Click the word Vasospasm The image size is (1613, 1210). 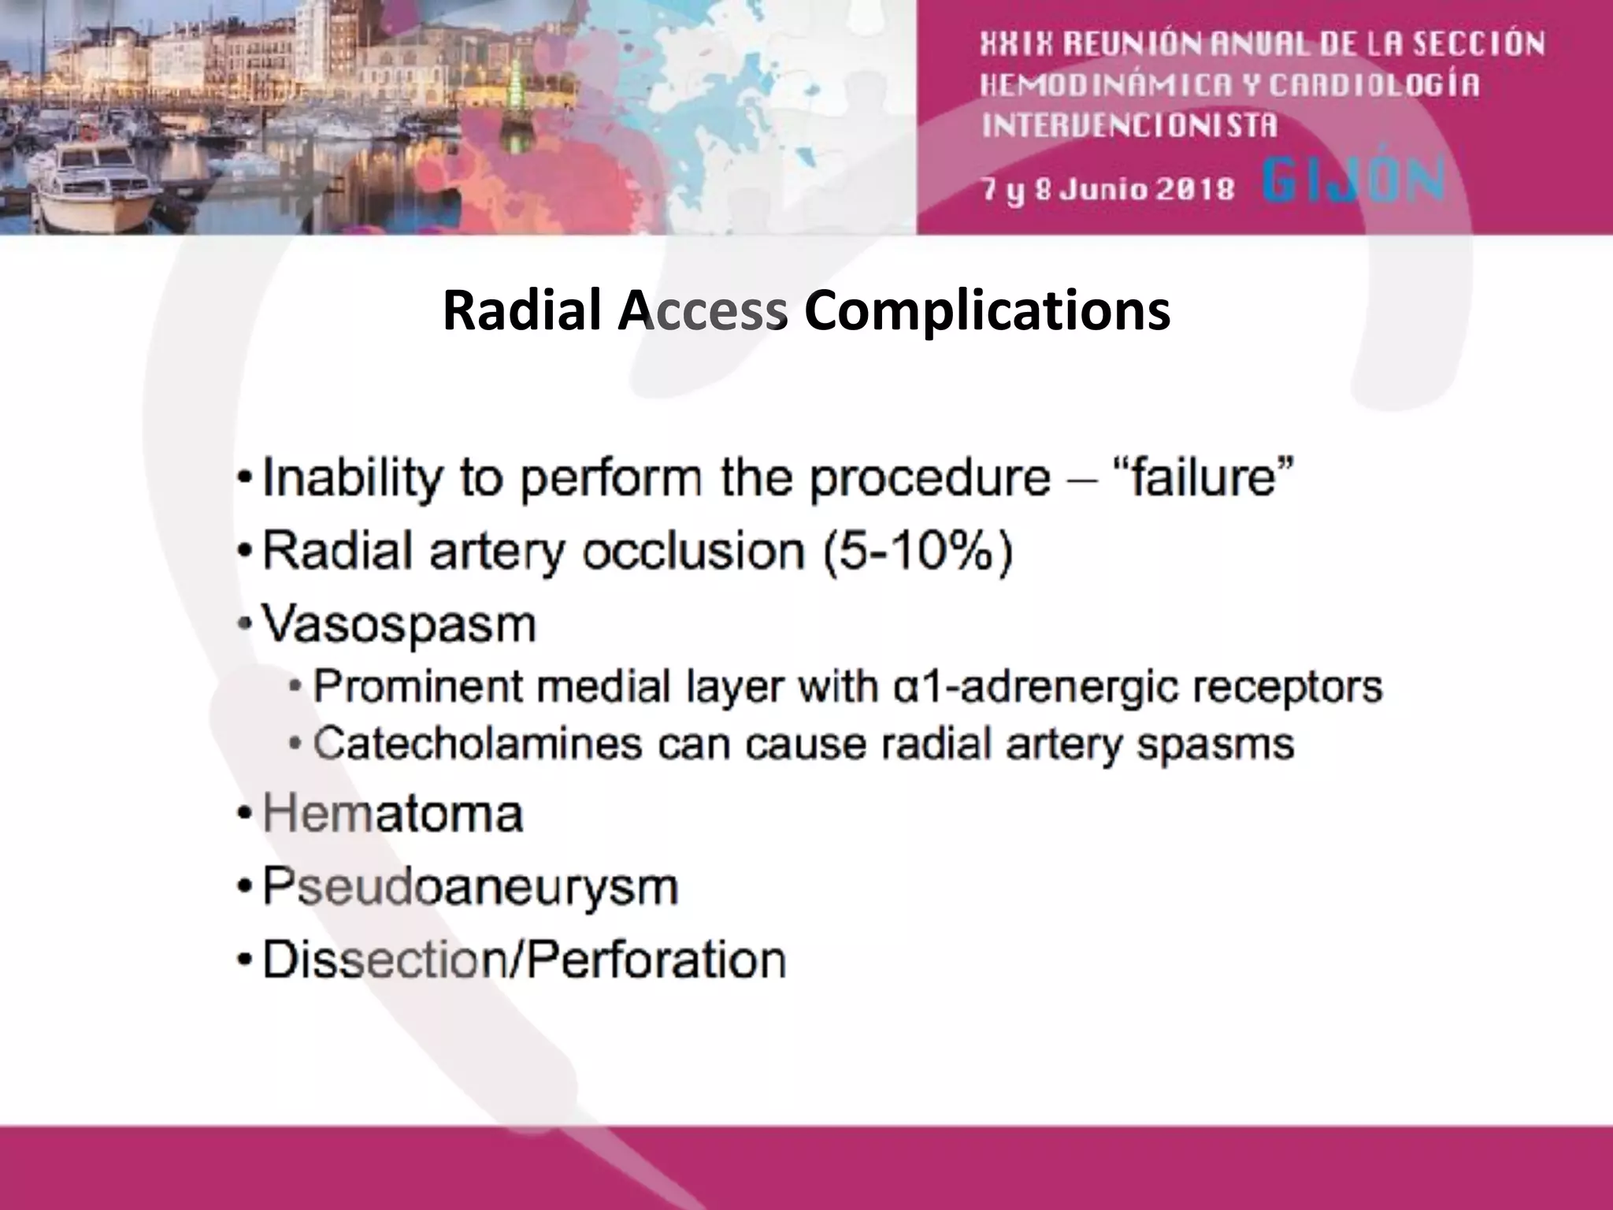(x=399, y=625)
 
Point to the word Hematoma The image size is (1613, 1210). (x=392, y=814)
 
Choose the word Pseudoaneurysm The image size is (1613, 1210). (x=469, y=887)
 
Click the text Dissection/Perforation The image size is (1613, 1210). (x=524, y=960)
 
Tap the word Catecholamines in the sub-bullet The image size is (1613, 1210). (x=477, y=744)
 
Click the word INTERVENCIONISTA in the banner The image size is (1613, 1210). (x=1129, y=125)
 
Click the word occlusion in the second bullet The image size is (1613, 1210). (x=693, y=551)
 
